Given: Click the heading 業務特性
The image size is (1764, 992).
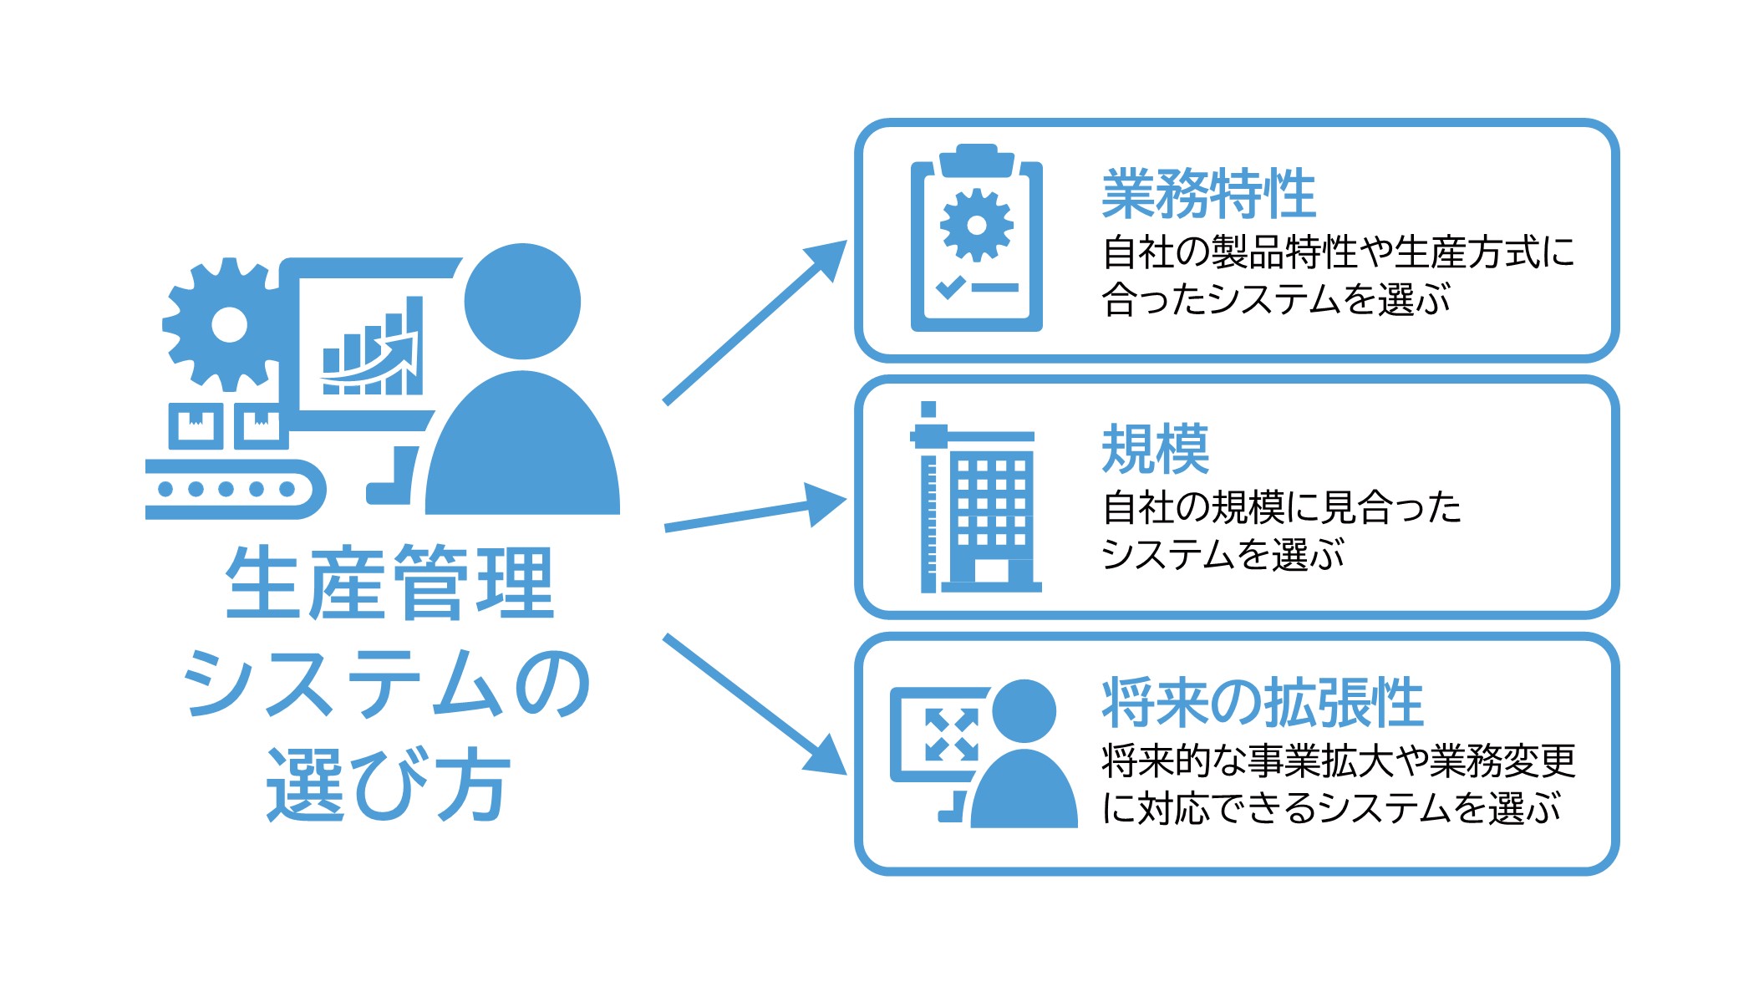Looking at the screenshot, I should click(x=1208, y=193).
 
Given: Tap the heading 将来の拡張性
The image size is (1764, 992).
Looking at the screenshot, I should click(x=1262, y=703).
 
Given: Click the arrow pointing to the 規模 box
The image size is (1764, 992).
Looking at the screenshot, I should click(x=752, y=514).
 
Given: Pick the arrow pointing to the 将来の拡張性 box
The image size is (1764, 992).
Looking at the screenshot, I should click(x=752, y=703).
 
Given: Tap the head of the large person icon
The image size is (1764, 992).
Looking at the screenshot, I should click(x=522, y=301).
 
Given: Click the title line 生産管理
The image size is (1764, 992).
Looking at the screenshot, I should click(x=389, y=582).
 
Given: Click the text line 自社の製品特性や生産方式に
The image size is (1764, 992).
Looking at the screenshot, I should click(x=1337, y=252).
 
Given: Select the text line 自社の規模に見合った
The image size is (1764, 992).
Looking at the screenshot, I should click(x=1281, y=507).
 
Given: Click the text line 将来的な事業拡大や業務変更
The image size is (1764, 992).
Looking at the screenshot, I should click(x=1338, y=761).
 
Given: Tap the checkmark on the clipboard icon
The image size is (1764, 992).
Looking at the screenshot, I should click(x=951, y=287).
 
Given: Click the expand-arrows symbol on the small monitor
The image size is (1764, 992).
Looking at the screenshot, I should click(x=951, y=735).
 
